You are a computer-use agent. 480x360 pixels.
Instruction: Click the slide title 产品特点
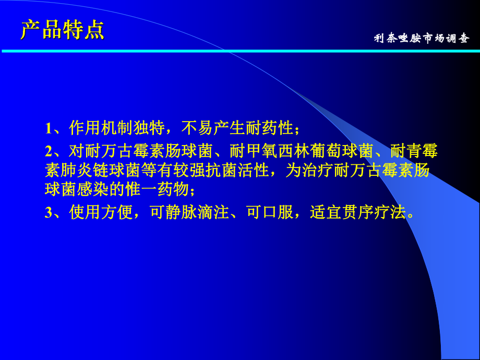[63, 30]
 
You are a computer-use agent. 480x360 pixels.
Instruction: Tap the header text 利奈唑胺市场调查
[422, 39]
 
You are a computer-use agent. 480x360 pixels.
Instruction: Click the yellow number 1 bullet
[48, 128]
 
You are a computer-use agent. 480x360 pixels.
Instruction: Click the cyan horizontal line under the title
[240, 51]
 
